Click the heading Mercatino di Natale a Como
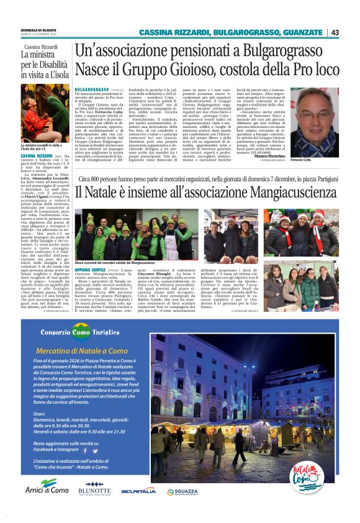click(x=91, y=351)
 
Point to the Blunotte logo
click(x=94, y=490)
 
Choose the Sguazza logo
click(x=186, y=491)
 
